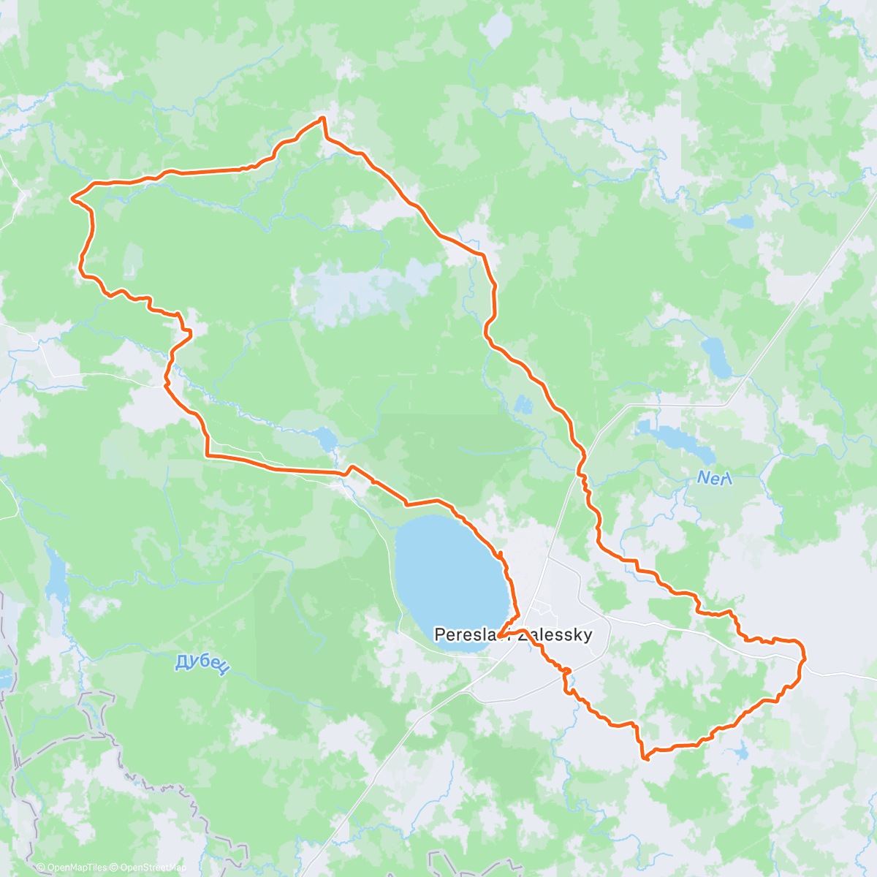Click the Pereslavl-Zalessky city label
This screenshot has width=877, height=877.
click(512, 634)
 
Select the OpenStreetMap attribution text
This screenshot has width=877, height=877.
click(151, 867)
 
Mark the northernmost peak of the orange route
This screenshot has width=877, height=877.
click(322, 118)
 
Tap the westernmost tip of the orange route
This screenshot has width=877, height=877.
click(72, 197)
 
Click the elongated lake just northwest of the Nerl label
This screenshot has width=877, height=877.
click(669, 436)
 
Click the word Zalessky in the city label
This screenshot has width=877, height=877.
click(559, 634)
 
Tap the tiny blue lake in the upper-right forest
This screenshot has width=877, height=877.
click(740, 221)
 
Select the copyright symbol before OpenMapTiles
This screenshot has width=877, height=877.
click(40, 867)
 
